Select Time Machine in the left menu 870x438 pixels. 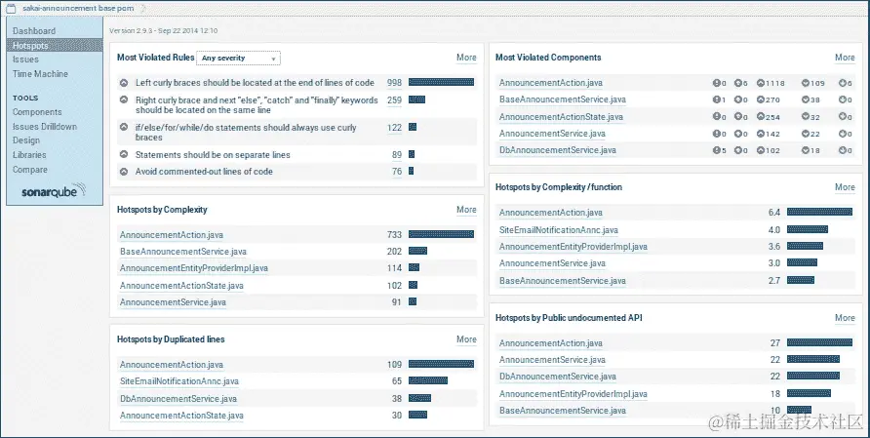click(x=40, y=73)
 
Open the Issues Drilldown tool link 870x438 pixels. click(x=44, y=127)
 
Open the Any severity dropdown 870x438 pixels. click(x=238, y=59)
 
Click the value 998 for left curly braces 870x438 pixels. click(x=394, y=83)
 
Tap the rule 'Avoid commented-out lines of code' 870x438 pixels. click(x=204, y=172)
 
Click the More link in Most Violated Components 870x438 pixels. click(x=845, y=58)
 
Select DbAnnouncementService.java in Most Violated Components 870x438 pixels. click(x=557, y=150)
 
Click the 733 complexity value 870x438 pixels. click(x=394, y=234)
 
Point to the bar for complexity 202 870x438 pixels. click(x=416, y=251)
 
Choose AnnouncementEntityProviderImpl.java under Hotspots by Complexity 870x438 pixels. click(x=193, y=268)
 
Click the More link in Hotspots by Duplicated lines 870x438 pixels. click(x=466, y=339)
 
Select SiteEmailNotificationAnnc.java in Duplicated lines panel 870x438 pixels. click(x=178, y=381)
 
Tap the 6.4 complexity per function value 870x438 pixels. click(x=774, y=212)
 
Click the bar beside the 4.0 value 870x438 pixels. click(x=807, y=229)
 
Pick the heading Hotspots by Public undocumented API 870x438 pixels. click(x=569, y=318)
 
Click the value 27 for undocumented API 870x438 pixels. click(x=775, y=342)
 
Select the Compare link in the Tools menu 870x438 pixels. click(x=29, y=170)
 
